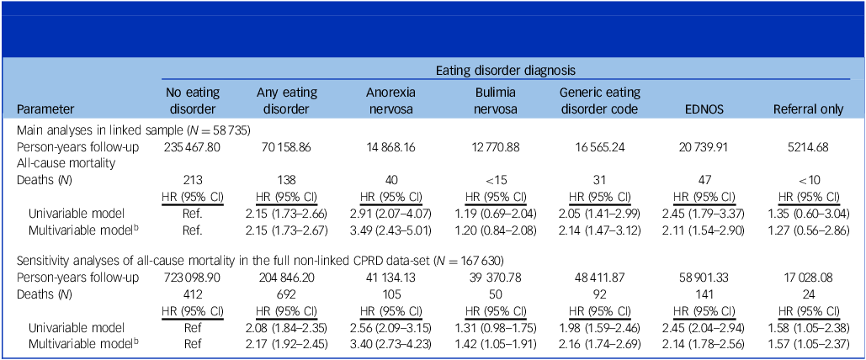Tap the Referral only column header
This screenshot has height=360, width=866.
click(809, 109)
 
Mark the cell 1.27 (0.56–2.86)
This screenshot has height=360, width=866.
click(809, 229)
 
